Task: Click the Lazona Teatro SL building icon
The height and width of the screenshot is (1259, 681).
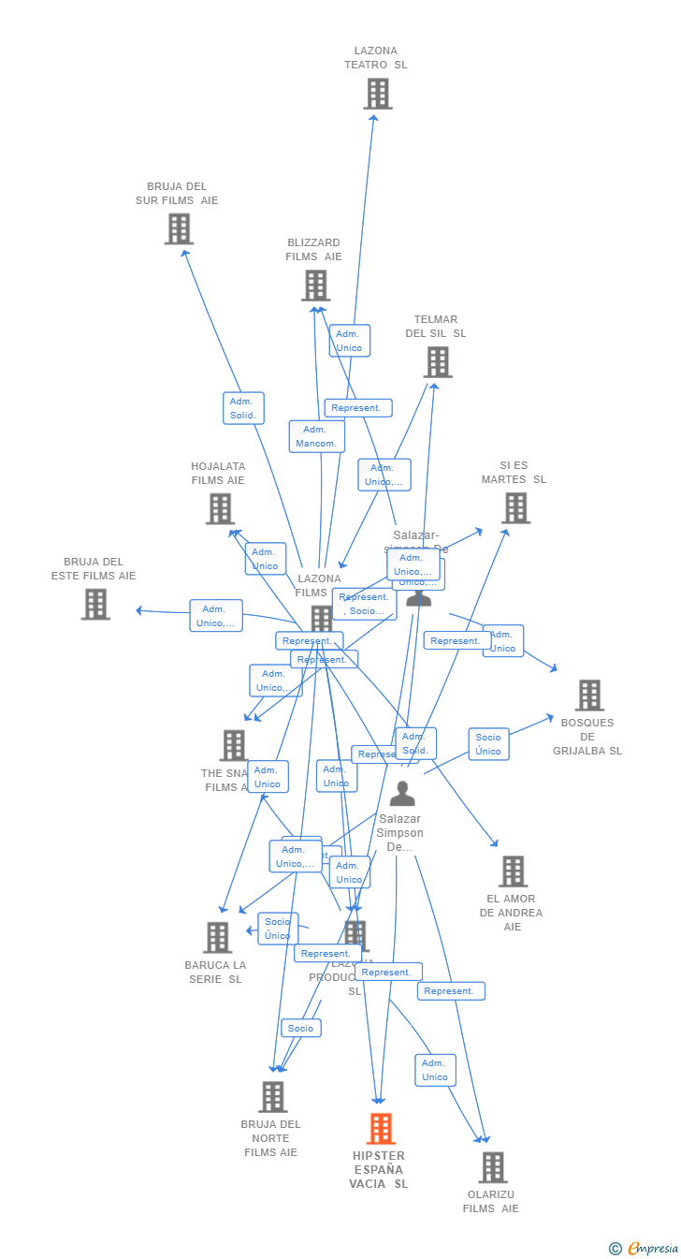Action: (x=378, y=94)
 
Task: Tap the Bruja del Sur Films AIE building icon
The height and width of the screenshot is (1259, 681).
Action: (x=179, y=228)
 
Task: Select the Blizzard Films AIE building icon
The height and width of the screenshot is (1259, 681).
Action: (x=316, y=285)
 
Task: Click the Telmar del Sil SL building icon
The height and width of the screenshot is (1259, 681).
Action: (x=438, y=362)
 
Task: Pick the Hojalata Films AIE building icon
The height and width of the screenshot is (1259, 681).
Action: (x=220, y=508)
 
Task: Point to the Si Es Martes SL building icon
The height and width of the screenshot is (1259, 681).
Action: (x=515, y=507)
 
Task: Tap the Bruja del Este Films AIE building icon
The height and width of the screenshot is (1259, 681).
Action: (x=95, y=604)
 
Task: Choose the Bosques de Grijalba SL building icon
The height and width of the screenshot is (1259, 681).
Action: (x=589, y=695)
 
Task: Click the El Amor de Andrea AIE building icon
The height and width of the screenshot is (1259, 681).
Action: (x=513, y=871)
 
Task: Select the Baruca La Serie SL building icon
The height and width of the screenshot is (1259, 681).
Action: (x=218, y=937)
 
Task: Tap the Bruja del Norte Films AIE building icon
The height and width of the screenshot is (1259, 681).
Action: (x=272, y=1096)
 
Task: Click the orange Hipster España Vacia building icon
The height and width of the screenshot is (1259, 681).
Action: (x=381, y=1129)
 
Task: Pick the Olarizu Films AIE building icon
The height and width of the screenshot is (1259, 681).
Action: (x=493, y=1167)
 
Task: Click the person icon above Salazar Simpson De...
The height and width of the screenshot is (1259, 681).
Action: (x=402, y=794)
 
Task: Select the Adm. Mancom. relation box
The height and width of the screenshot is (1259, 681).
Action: (x=317, y=436)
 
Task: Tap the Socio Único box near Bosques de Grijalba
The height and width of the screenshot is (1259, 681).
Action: (x=488, y=744)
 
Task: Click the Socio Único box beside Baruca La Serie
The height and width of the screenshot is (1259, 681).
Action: (x=278, y=929)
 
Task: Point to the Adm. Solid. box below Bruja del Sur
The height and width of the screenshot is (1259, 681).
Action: (x=243, y=408)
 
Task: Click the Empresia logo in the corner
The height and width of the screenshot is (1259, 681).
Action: (x=644, y=1248)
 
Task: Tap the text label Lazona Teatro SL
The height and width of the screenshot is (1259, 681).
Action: (x=376, y=58)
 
